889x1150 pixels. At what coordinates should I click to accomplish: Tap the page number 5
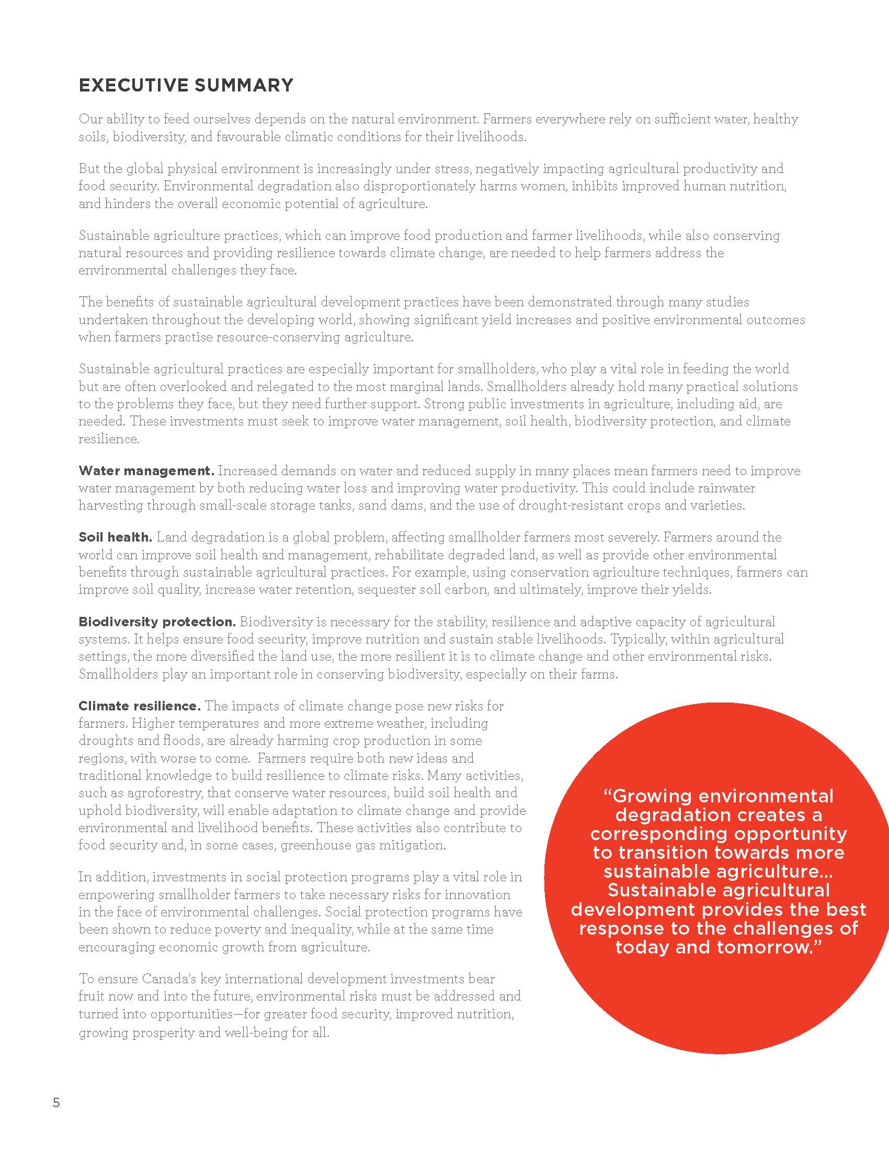pos(56,1102)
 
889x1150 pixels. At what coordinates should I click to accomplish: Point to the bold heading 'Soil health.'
pos(116,537)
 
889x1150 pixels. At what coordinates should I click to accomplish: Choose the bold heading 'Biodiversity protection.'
pos(157,622)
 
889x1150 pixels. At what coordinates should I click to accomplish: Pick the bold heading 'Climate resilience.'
pos(140,706)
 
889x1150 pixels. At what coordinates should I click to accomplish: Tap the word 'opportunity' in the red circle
pos(791,834)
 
